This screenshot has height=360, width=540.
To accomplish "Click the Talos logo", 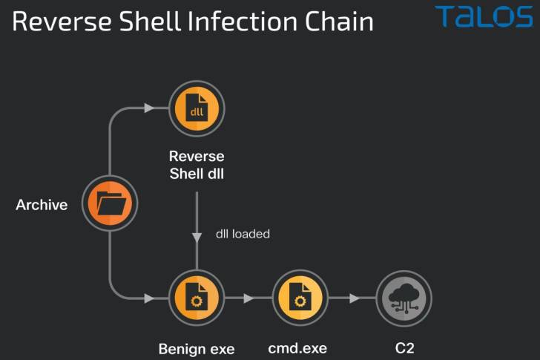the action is click(x=484, y=16).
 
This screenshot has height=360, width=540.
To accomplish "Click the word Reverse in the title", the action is click(x=62, y=22).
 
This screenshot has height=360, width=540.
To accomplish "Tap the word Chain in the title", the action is click(x=339, y=22).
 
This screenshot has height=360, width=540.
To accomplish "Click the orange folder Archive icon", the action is click(x=110, y=203).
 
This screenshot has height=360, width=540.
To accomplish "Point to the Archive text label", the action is click(x=42, y=205).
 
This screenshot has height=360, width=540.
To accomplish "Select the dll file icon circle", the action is click(x=197, y=108).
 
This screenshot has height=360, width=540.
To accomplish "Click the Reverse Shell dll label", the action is click(x=197, y=165).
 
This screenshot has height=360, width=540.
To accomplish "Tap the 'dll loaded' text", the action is click(x=243, y=234).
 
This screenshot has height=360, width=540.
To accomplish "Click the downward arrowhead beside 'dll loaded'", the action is click(x=197, y=238).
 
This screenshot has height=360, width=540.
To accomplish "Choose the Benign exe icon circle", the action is click(x=197, y=298).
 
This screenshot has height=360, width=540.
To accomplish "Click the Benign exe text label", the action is click(x=197, y=349).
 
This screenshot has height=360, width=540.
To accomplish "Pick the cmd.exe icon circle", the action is click(x=300, y=298).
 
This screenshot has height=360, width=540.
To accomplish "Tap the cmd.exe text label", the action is click(x=297, y=348).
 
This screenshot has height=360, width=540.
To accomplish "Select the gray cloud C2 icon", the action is click(x=404, y=298).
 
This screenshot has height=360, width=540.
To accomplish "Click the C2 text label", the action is click(x=405, y=348).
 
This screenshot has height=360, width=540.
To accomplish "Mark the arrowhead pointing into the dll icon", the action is click(x=149, y=108).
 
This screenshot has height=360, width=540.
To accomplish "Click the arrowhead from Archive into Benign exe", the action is click(x=149, y=298).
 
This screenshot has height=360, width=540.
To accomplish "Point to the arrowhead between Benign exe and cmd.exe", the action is click(x=248, y=298).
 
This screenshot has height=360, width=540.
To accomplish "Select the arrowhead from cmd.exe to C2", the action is click(x=355, y=298).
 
